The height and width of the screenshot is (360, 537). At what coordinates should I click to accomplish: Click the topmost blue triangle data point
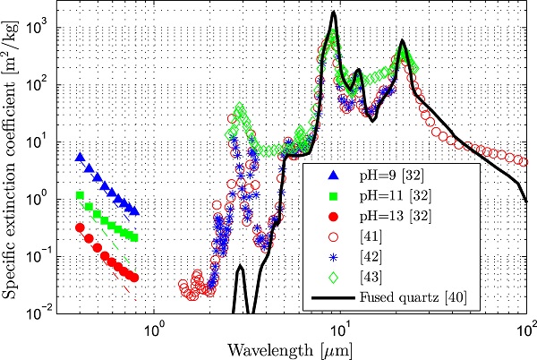81,158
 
